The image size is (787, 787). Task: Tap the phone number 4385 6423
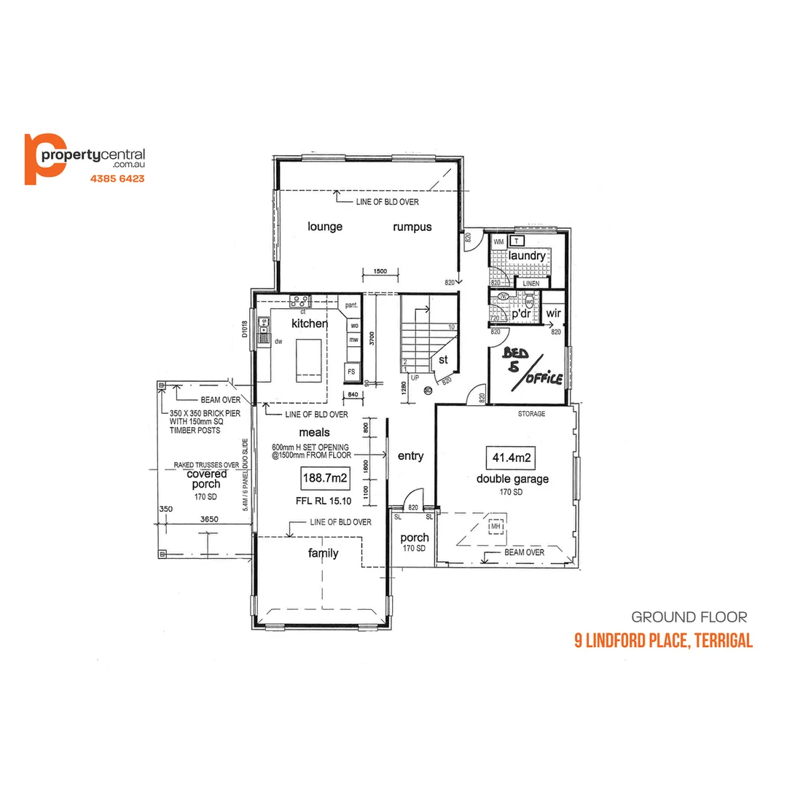pyautogui.click(x=117, y=179)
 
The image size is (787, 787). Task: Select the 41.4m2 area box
pyautogui.click(x=511, y=458)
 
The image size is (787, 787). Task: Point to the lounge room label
pyautogui.click(x=325, y=227)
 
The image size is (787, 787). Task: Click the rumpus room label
pyautogui.click(x=412, y=227)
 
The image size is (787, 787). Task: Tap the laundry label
pyautogui.click(x=527, y=257)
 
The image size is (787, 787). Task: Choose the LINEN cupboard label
pyautogui.click(x=531, y=283)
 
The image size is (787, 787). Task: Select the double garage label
pyautogui.click(x=512, y=479)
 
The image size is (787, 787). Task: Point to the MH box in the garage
pyautogui.click(x=496, y=526)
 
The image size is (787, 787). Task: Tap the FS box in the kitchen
pyautogui.click(x=351, y=372)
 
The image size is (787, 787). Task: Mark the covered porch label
pyautogui.click(x=207, y=479)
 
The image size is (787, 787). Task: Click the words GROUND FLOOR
pyautogui.click(x=689, y=617)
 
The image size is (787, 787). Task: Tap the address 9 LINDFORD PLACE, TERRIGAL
pyautogui.click(x=663, y=641)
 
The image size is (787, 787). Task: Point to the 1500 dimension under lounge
pyautogui.click(x=380, y=271)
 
